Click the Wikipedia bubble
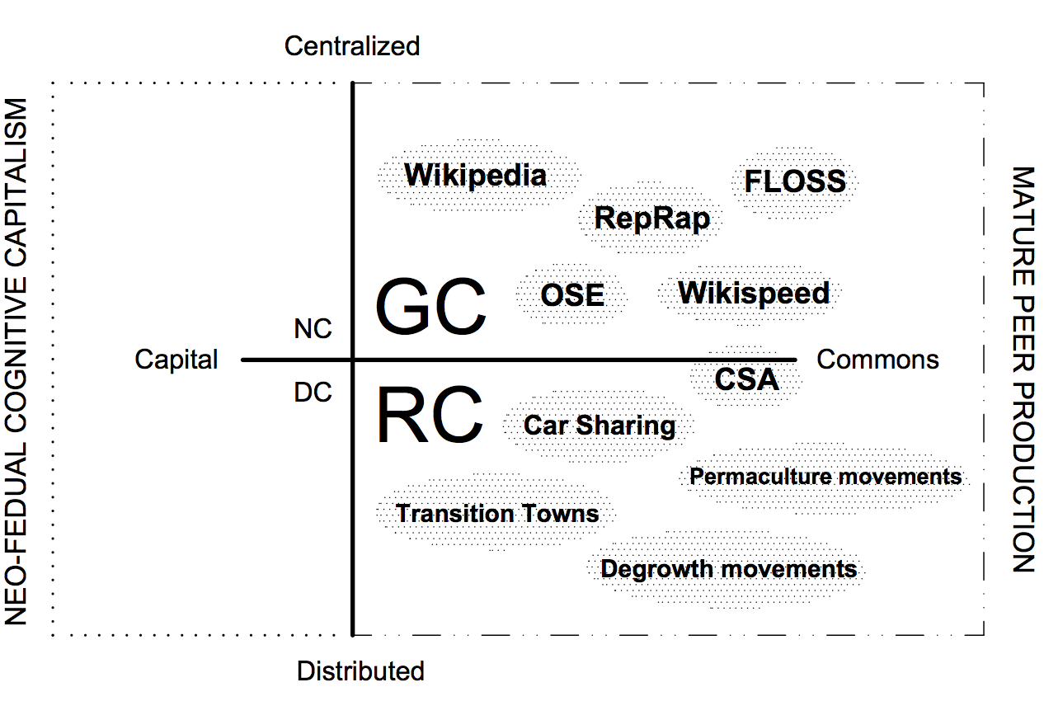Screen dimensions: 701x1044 pos(476,176)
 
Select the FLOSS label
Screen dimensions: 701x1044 pos(795,181)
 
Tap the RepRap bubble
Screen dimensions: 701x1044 pos(651,219)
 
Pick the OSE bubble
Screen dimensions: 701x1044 pos(572,295)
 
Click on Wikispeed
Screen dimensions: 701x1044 pos(754,293)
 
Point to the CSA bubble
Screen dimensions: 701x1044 pos(746,379)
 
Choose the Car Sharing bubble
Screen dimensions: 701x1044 pos(600,426)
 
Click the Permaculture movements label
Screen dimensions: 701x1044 pos(825,477)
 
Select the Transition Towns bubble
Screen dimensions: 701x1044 pos(497,514)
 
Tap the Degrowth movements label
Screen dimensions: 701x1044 pos(728,569)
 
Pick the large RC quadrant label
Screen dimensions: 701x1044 pos(429,417)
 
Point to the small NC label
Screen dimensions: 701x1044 pos(313,330)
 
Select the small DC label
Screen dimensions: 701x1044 pos(313,393)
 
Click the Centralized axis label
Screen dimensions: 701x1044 pos(352,46)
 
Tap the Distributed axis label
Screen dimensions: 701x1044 pos(360,671)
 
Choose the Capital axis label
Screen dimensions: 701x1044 pos(176,360)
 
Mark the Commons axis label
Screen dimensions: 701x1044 pos(877,360)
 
